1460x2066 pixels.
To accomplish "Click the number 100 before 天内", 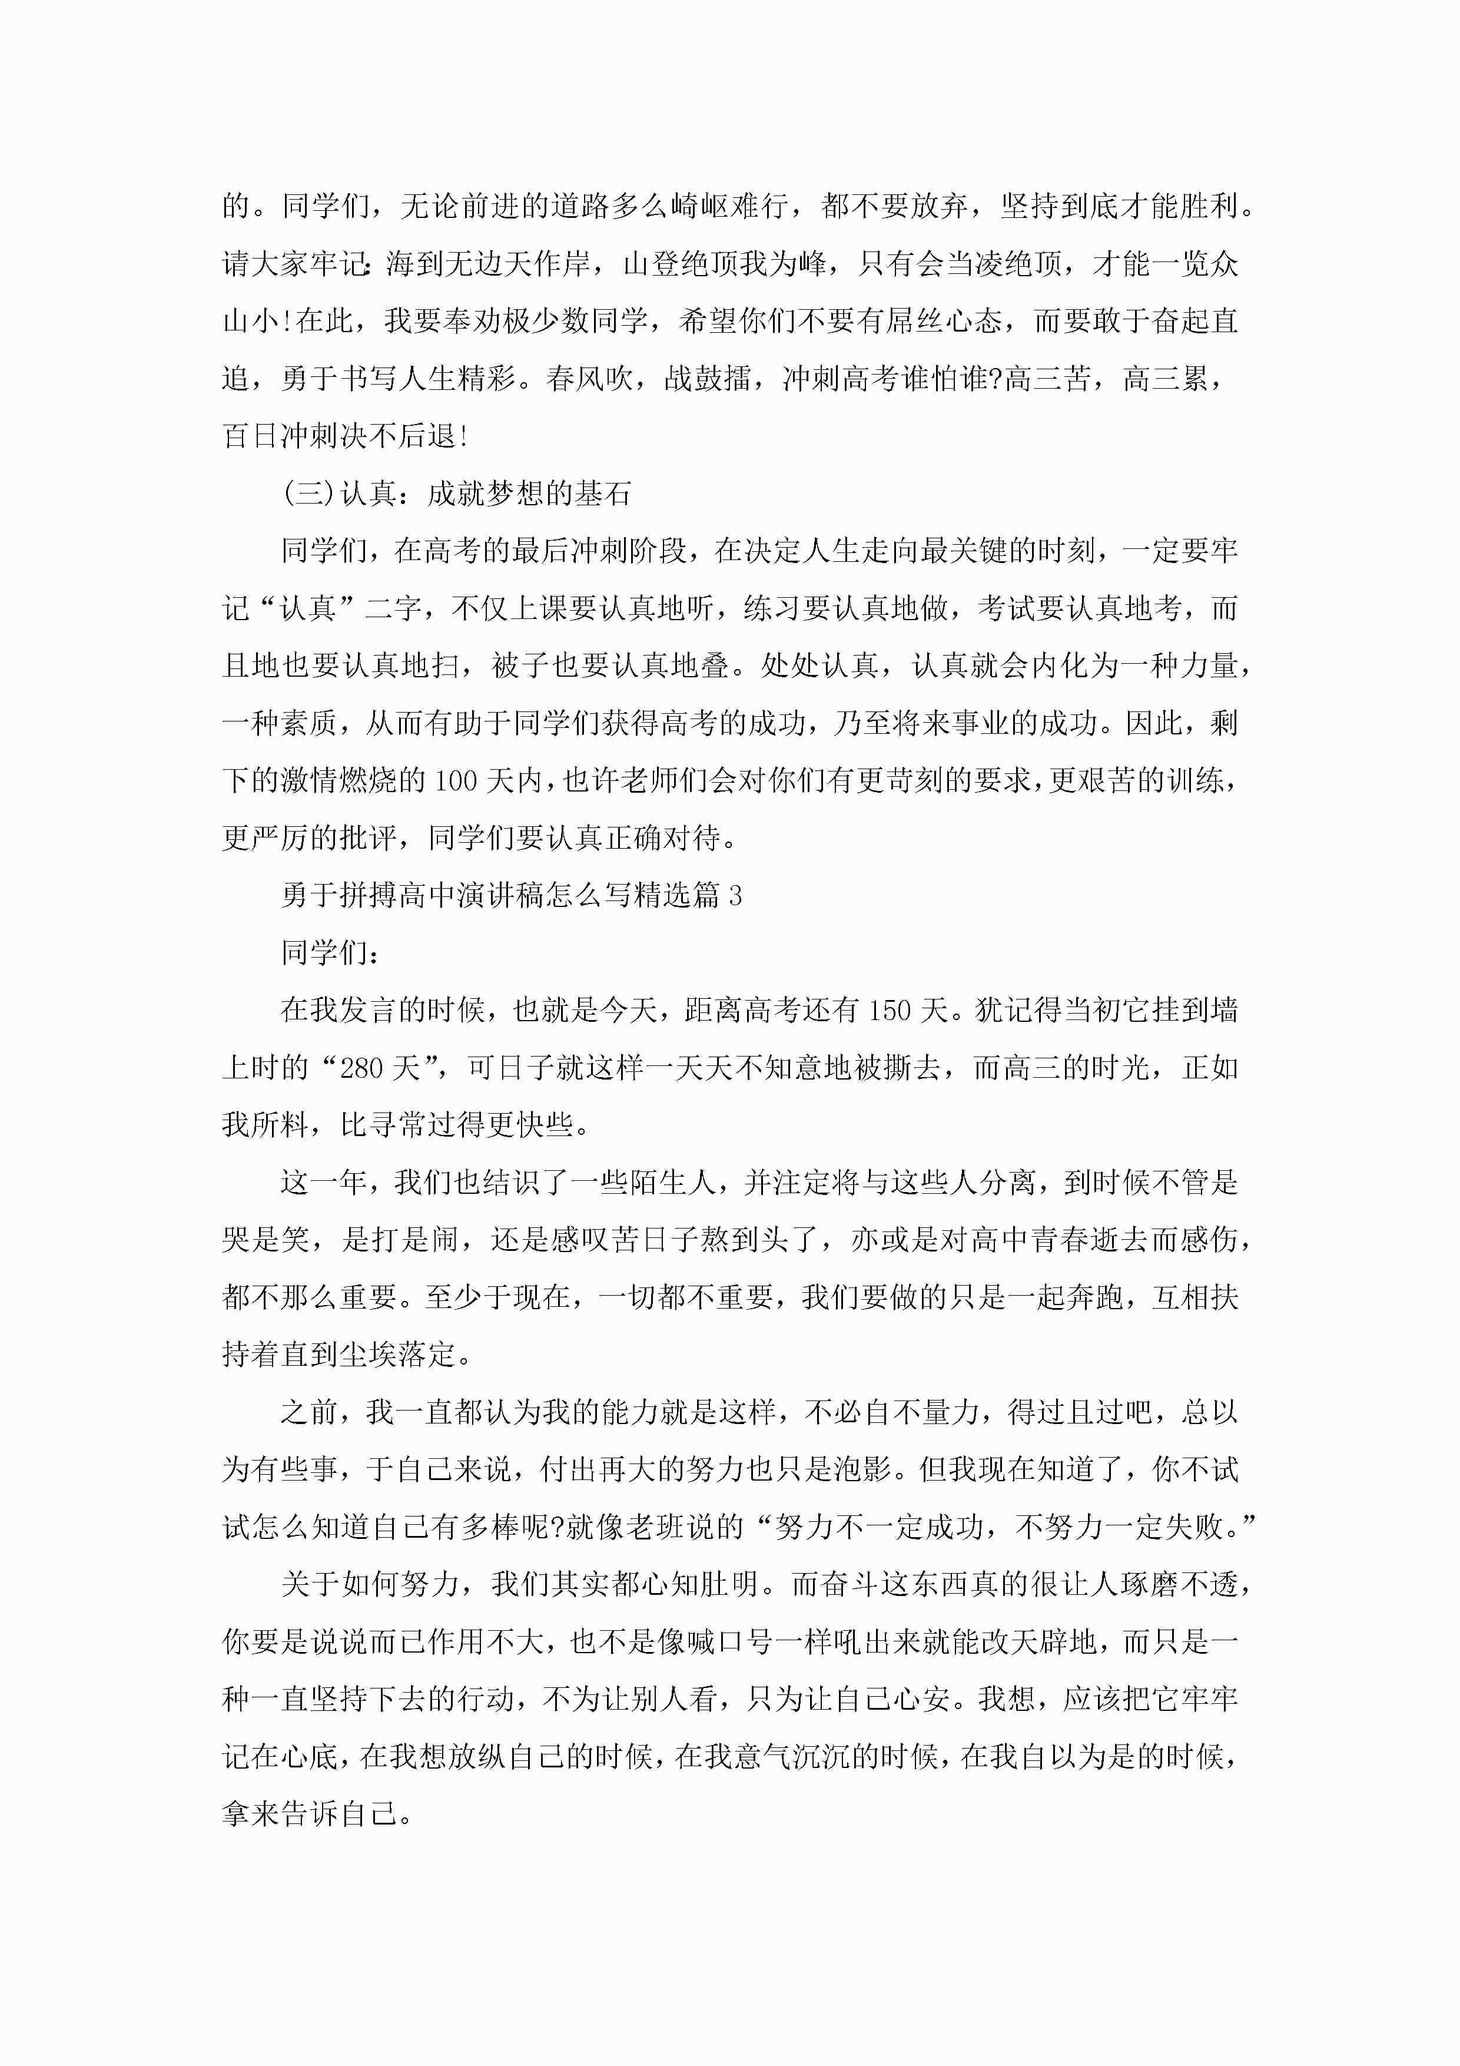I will pyautogui.click(x=455, y=780).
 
